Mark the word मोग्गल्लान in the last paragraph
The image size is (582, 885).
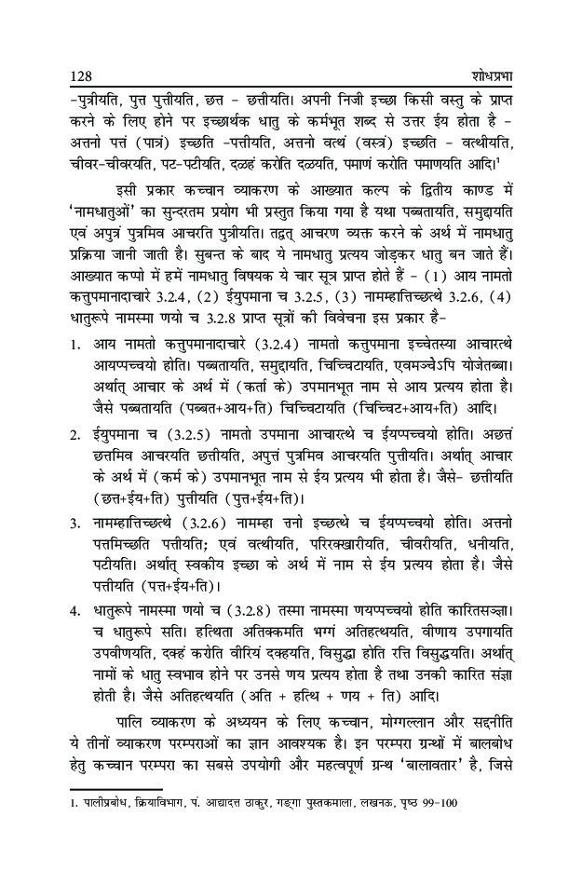point(399,716)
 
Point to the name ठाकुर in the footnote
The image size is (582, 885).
point(242,802)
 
